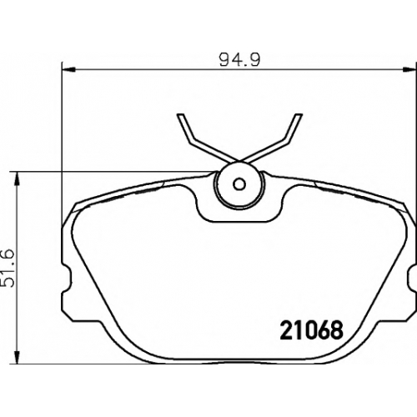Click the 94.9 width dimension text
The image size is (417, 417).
pyautogui.click(x=239, y=60)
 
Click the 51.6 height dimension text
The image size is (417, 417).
pyautogui.click(x=8, y=269)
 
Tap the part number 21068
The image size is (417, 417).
pyautogui.click(x=312, y=330)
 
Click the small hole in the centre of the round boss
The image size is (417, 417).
pyautogui.click(x=239, y=184)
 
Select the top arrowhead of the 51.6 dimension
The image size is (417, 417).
pyautogui.click(x=18, y=178)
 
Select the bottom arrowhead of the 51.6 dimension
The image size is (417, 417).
pyautogui.click(x=18, y=356)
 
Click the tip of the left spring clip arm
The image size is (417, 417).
pyautogui.click(x=181, y=114)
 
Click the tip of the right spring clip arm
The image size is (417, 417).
pyautogui.click(x=299, y=114)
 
